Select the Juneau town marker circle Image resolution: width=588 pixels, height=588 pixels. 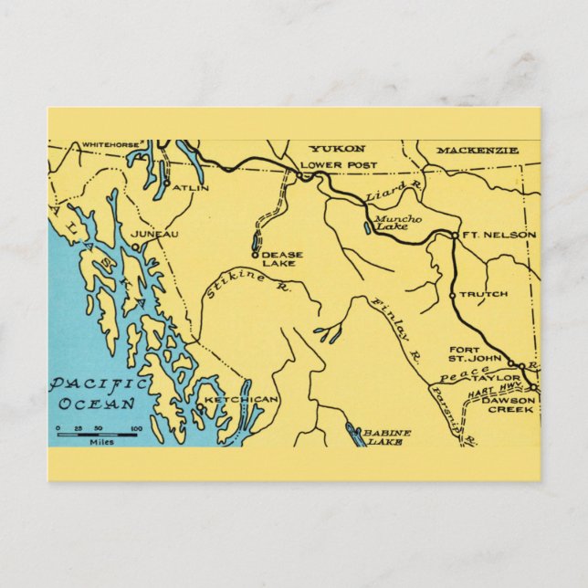[135, 247]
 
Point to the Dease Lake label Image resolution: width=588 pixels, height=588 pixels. [282, 259]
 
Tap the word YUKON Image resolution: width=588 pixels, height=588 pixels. [337, 149]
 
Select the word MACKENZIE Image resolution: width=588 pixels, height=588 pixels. [477, 150]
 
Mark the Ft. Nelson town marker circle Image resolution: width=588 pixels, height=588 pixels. [454, 236]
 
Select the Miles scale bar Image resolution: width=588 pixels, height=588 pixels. [97, 435]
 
